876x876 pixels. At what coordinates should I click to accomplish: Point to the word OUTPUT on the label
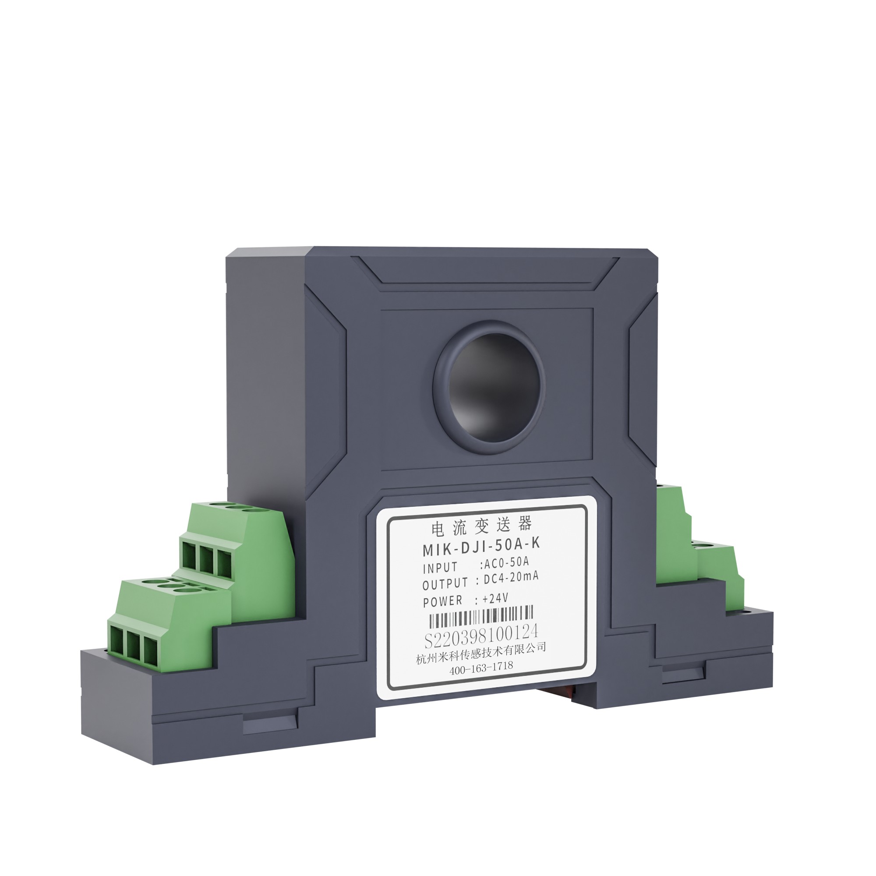445,584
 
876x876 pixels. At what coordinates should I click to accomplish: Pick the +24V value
495,598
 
